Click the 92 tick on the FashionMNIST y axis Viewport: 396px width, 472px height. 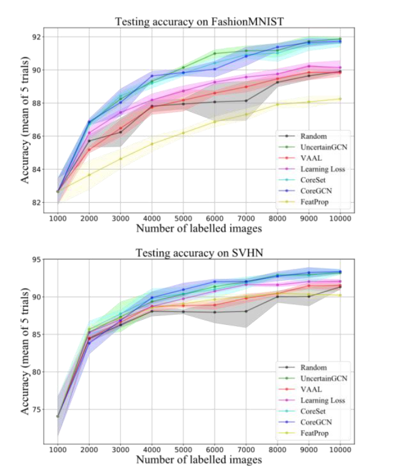[35, 37]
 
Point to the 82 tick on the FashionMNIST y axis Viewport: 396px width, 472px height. [35, 202]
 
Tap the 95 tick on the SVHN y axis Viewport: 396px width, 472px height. [35, 259]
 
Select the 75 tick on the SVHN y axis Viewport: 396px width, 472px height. [35, 409]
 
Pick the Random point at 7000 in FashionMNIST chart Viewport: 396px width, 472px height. [246, 101]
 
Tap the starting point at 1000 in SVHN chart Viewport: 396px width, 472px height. [58, 416]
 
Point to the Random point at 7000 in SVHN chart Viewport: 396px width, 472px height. [246, 311]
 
